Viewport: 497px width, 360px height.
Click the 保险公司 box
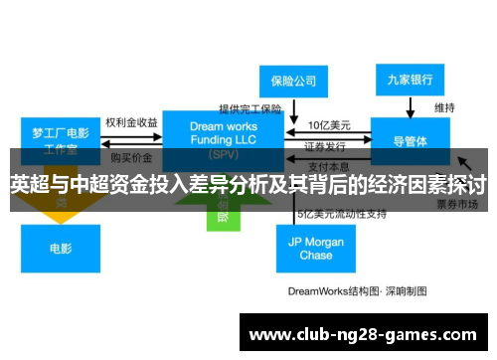293,81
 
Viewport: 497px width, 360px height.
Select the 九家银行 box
411,79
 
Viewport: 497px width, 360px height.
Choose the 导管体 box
411,141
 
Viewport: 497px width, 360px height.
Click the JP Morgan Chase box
315,249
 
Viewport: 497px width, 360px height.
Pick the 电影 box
60,249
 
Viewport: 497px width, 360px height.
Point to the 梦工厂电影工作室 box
61,139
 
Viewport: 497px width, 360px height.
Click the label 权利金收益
131,122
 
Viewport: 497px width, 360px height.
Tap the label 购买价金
131,157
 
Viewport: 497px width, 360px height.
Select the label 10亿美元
327,125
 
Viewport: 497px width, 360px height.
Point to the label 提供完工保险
250,108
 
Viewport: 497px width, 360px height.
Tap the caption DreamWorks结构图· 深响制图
357,291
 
